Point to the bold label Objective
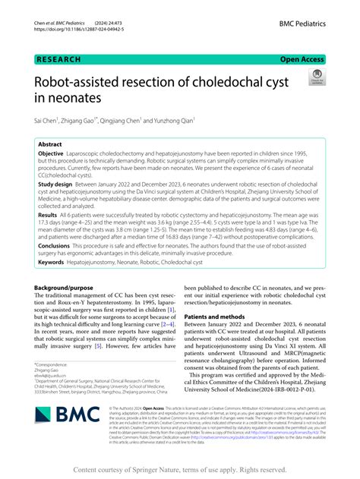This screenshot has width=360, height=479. tap(52, 154)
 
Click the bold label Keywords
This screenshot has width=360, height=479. tap(52, 262)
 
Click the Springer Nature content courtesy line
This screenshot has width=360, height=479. tap(180, 470)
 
